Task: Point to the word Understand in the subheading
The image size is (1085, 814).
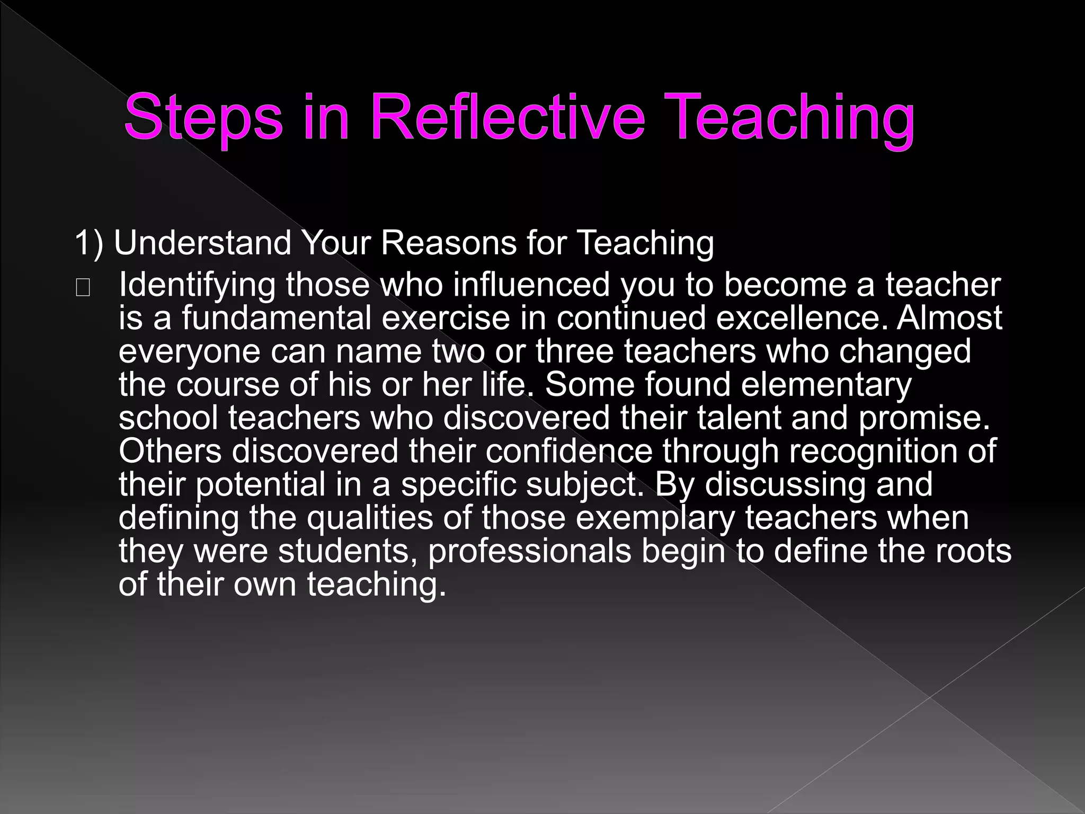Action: pos(203,243)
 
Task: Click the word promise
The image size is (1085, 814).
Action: pos(924,419)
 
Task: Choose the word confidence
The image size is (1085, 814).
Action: pos(568,452)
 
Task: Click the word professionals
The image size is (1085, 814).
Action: pos(529,552)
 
